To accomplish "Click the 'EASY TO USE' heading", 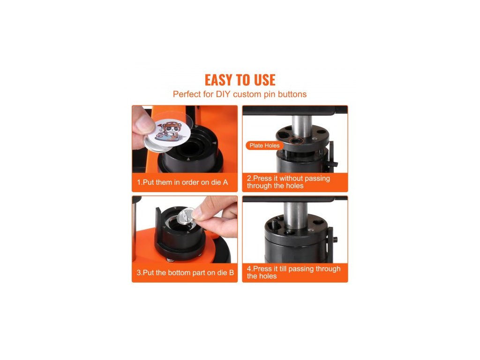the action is click(x=240, y=80).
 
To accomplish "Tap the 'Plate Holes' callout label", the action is click(x=264, y=146).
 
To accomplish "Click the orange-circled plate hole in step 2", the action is click(x=296, y=141).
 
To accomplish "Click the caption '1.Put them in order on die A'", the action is click(x=182, y=182).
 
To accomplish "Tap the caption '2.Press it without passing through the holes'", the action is click(x=288, y=182).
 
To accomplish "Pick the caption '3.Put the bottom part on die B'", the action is click(x=185, y=273).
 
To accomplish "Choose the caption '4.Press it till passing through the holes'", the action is click(x=293, y=272).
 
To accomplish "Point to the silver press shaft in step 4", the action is click(x=295, y=215).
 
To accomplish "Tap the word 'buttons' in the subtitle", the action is click(x=292, y=94).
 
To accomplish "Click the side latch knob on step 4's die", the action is click(x=335, y=239).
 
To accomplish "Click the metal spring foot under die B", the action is click(x=170, y=260).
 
